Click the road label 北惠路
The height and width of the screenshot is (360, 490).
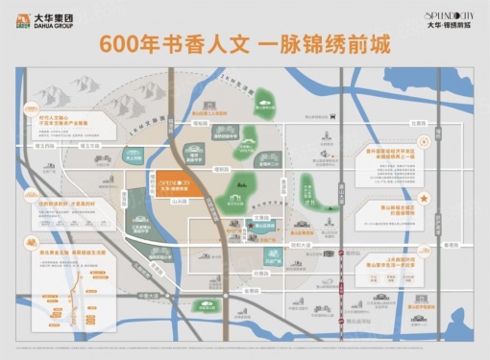click(388, 123)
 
